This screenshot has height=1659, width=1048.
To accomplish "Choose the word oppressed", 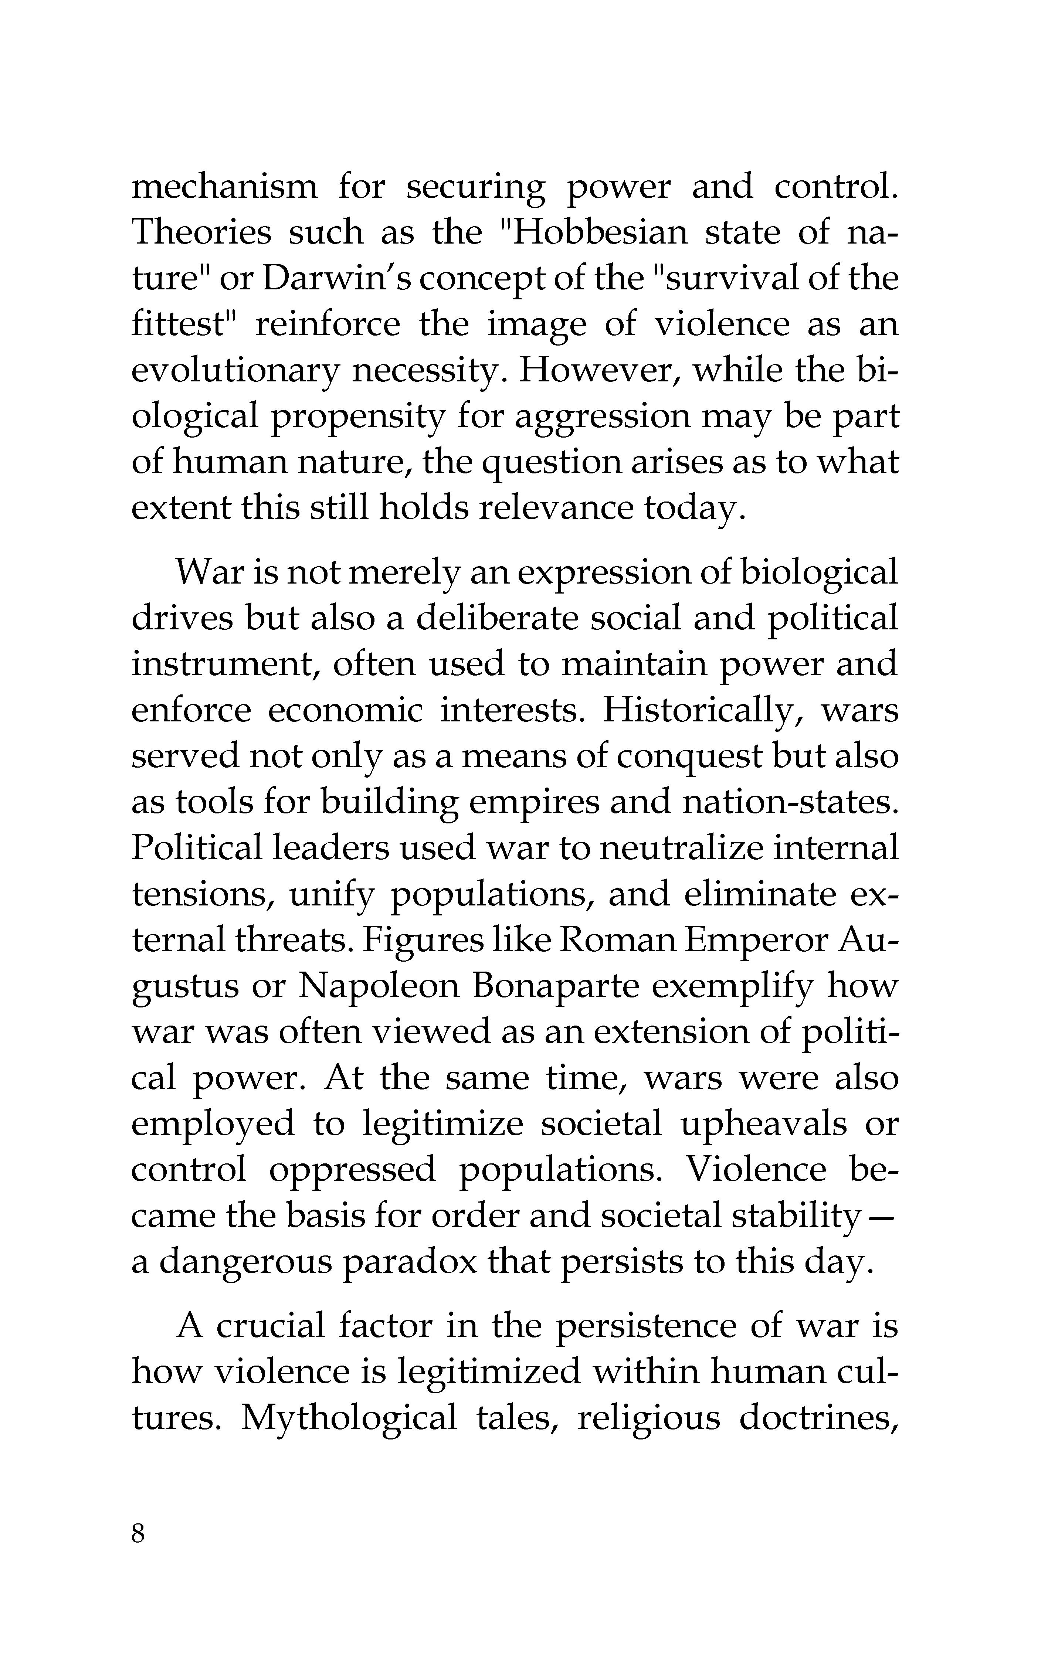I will [x=352, y=1169].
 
